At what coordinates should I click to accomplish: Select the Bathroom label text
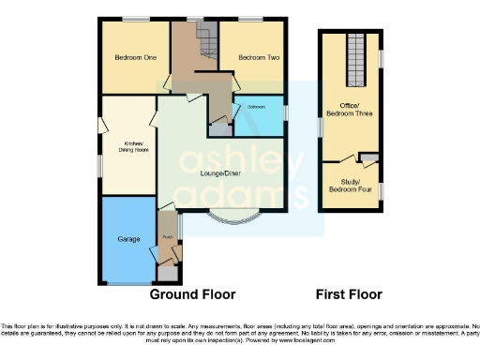point(256,107)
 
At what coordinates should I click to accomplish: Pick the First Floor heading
point(349,293)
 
